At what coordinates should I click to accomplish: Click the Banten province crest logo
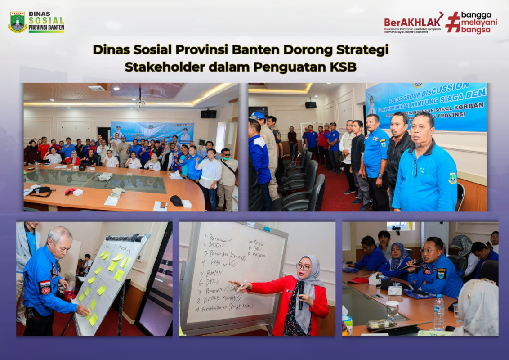pyautogui.click(x=18, y=22)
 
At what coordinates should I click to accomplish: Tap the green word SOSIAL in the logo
pyautogui.click(x=46, y=22)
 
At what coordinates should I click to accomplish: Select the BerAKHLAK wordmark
pyautogui.click(x=412, y=22)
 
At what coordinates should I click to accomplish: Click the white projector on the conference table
pyautogui.click(x=105, y=176)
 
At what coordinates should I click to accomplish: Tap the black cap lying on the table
pyautogui.click(x=176, y=201)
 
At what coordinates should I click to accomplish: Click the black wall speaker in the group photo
pyautogui.click(x=208, y=114)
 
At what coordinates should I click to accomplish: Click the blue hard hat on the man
pyautogui.click(x=258, y=116)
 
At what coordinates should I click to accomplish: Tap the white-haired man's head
pyautogui.click(x=59, y=241)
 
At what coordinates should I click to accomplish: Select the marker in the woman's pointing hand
pyautogui.click(x=241, y=286)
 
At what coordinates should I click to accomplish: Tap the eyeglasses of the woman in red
pyautogui.click(x=303, y=267)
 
